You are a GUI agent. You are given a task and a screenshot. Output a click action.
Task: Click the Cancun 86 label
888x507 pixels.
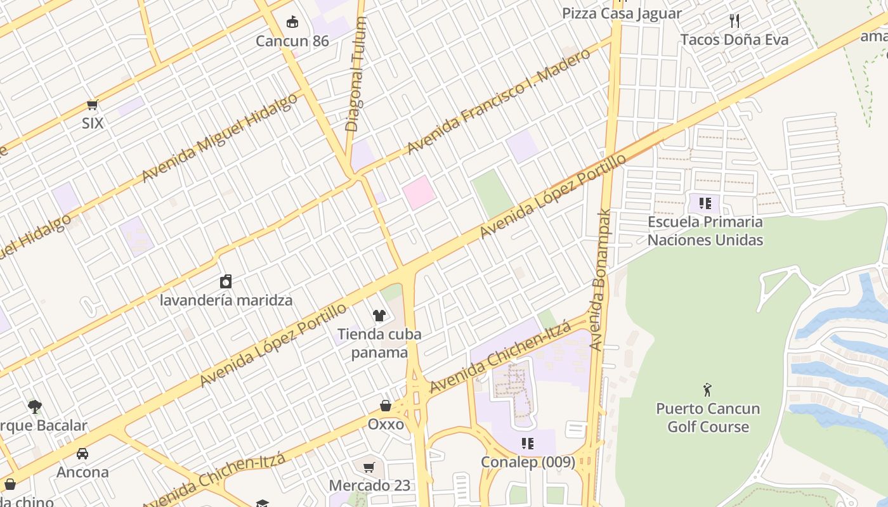(292, 41)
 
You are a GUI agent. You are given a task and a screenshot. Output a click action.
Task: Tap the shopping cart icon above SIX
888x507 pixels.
(93, 105)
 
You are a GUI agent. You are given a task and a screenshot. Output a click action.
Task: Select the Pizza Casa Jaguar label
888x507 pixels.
(622, 13)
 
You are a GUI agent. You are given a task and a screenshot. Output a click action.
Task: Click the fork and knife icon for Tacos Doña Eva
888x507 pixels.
(735, 21)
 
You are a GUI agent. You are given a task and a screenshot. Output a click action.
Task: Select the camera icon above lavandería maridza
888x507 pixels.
(226, 281)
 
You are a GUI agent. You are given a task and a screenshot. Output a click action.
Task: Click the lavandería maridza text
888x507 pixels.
(226, 300)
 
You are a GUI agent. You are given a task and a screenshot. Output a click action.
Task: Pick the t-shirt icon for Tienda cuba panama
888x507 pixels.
(379, 315)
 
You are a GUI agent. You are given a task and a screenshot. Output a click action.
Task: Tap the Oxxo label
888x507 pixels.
(386, 424)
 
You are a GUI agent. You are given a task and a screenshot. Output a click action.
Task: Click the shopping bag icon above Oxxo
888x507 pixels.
(386, 406)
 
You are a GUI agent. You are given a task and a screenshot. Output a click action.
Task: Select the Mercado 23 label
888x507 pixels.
(370, 485)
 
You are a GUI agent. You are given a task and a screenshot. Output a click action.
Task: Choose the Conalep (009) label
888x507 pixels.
(528, 462)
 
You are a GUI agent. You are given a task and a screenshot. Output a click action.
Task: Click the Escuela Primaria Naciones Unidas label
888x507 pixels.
(705, 231)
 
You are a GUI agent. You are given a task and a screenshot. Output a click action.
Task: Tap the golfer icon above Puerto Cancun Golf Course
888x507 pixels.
(707, 390)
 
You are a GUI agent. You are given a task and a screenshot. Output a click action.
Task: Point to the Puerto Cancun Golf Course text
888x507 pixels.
(708, 418)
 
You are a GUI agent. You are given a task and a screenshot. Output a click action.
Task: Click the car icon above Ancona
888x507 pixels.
(82, 454)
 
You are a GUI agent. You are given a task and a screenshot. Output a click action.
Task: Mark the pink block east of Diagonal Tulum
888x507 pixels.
(419, 193)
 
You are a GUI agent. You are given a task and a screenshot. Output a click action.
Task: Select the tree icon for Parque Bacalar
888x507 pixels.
(35, 406)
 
